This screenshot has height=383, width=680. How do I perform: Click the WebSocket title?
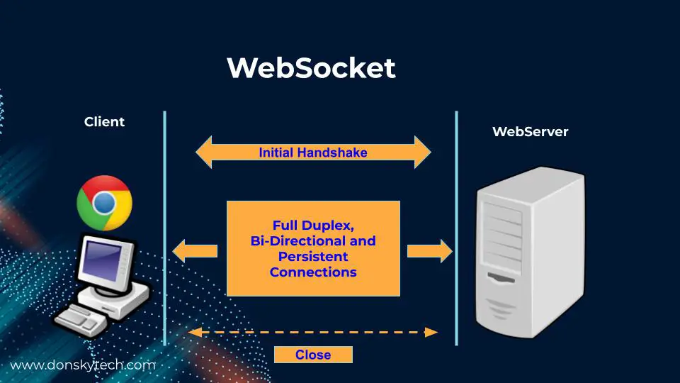pyautogui.click(x=311, y=68)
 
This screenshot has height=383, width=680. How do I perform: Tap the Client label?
pyautogui.click(x=104, y=122)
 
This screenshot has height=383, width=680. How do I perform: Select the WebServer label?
pyautogui.click(x=530, y=132)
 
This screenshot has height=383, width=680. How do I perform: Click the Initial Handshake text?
pyautogui.click(x=313, y=152)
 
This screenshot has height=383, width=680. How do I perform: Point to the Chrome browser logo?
pyautogui.click(x=104, y=203)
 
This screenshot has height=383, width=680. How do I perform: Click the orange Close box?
pyautogui.click(x=313, y=355)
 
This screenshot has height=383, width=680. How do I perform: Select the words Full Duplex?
pyautogui.click(x=313, y=226)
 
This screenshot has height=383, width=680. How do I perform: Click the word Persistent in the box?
pyautogui.click(x=313, y=256)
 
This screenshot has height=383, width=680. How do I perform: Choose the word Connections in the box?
pyautogui.click(x=313, y=272)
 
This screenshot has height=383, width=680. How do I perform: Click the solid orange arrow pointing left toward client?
pyautogui.click(x=195, y=250)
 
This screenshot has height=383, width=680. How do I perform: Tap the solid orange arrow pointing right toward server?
pyautogui.click(x=430, y=250)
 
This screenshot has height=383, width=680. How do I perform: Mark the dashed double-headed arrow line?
pyautogui.click(x=313, y=332)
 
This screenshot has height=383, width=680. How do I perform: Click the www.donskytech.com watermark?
pyautogui.click(x=82, y=366)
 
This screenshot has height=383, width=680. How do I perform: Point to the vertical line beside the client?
pyautogui.click(x=165, y=227)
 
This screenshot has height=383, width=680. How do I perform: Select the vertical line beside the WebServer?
pyautogui.click(x=456, y=227)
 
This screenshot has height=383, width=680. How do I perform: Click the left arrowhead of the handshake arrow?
pyautogui.click(x=204, y=152)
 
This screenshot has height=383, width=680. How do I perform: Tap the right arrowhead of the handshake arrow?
pyautogui.click(x=423, y=152)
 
